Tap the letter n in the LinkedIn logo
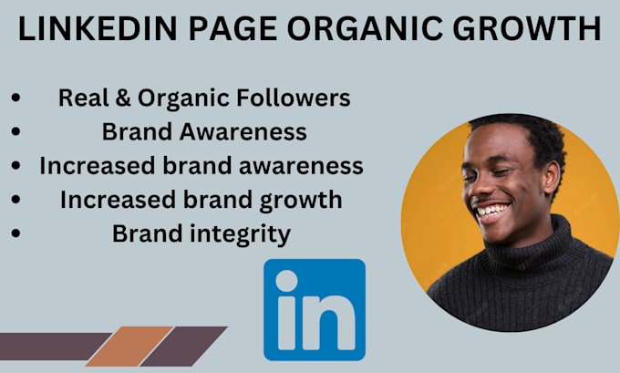coord(330,320)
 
